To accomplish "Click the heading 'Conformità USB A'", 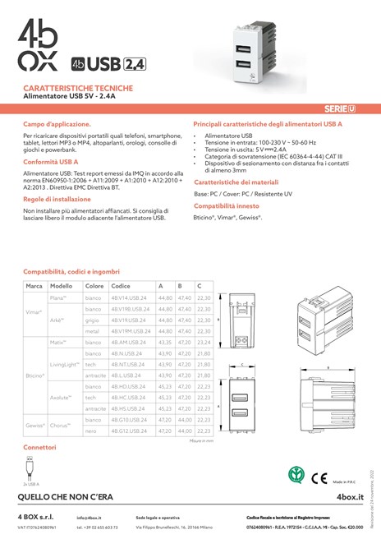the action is tap(51, 161).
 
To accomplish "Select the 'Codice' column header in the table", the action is tap(121, 285).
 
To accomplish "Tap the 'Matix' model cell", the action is tap(58, 341).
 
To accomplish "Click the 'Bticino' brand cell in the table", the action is tap(34, 375).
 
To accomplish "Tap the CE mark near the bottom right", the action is tap(318, 474).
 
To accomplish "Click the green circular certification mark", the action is tap(293, 474).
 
